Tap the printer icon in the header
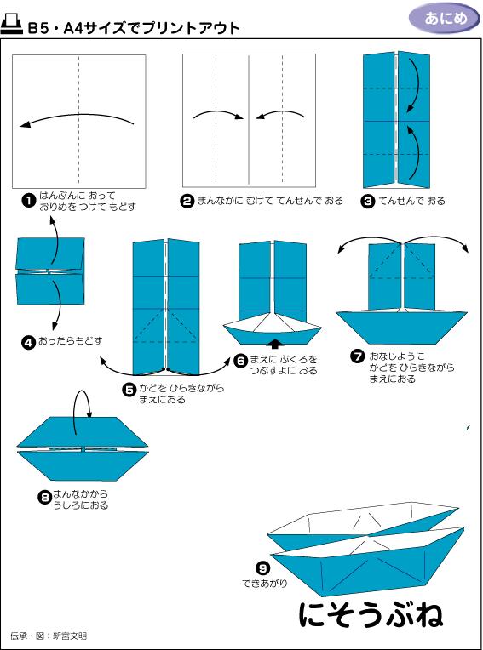[x=13, y=26]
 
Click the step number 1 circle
[x=28, y=201]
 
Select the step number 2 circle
[x=187, y=201]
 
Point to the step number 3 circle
[x=368, y=201]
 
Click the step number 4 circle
[x=28, y=341]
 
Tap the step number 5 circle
[x=129, y=389]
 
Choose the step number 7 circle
[x=358, y=356]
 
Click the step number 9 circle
[x=263, y=567]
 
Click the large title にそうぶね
[x=371, y=614]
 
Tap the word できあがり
[x=264, y=584]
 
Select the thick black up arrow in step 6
[x=274, y=343]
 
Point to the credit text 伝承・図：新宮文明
[x=49, y=636]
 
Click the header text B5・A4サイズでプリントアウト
[x=133, y=28]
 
